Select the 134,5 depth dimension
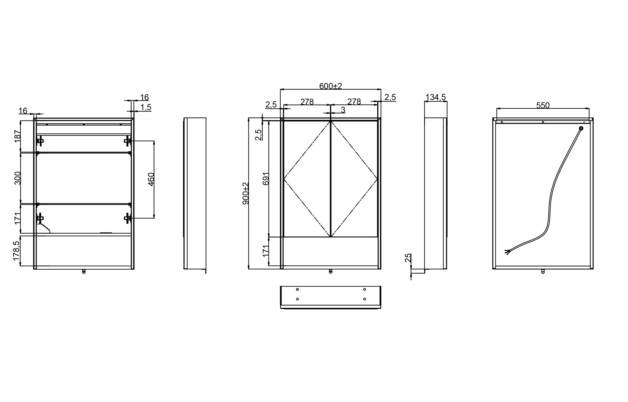436,97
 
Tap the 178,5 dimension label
16,251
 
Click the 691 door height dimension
265,179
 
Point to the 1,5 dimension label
146,107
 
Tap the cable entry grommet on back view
581,128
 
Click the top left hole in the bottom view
297,289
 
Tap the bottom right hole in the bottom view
365,299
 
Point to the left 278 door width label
307,102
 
